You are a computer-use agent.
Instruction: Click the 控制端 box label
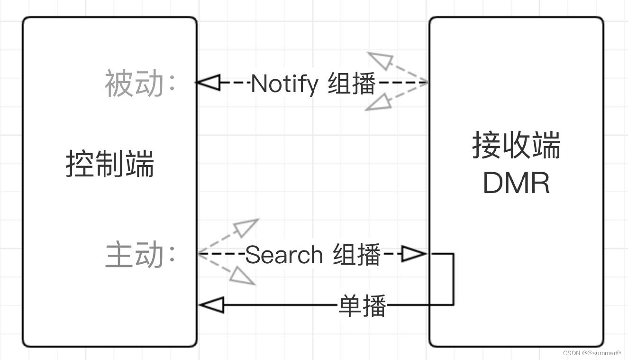pyautogui.click(x=109, y=164)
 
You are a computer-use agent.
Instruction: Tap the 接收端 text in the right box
pyautogui.click(x=516, y=145)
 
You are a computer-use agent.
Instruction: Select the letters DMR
pyautogui.click(x=516, y=183)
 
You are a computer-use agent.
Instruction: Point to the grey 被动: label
pyautogui.click(x=140, y=83)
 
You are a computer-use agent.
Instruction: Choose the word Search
pyautogui.click(x=284, y=255)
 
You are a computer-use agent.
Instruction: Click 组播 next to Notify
pyautogui.click(x=352, y=84)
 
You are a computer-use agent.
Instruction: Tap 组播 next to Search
pyautogui.click(x=356, y=255)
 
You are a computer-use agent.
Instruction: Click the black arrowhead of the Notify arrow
pyautogui.click(x=209, y=83)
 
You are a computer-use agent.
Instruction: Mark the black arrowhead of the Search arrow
pyautogui.click(x=414, y=254)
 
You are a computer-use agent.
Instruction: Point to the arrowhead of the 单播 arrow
pyautogui.click(x=211, y=305)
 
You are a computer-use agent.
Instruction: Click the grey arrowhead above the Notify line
pyautogui.click(x=381, y=61)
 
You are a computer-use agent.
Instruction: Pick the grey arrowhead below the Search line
pyautogui.click(x=243, y=275)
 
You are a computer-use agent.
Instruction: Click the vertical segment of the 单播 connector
pyautogui.click(x=454, y=280)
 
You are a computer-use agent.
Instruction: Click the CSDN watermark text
pyautogui.click(x=592, y=353)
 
